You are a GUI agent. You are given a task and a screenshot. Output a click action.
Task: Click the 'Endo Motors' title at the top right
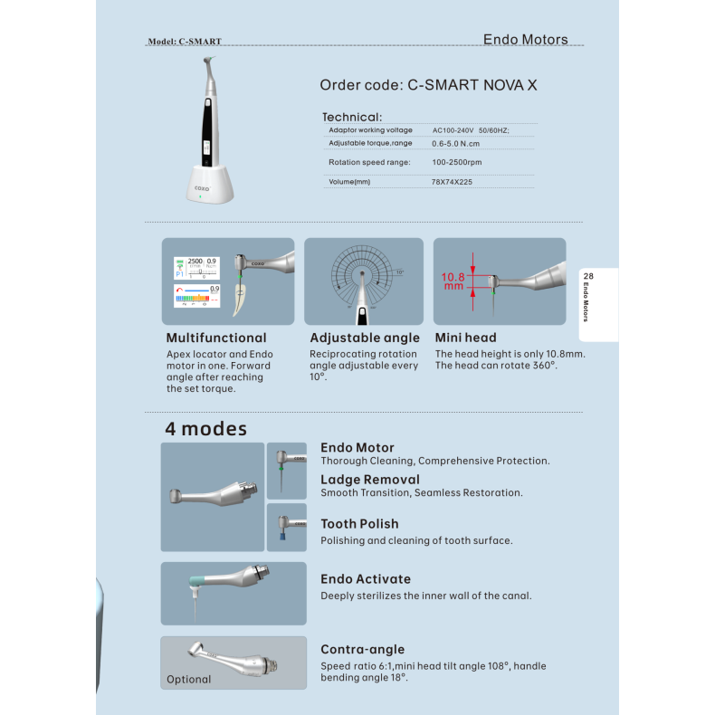525,40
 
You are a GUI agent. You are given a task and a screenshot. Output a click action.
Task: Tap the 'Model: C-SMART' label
185,42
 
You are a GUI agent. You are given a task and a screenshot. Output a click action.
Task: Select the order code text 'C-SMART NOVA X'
472,85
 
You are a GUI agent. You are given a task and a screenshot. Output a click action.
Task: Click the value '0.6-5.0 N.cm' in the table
455,144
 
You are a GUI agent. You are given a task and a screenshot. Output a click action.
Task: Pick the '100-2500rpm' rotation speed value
456,162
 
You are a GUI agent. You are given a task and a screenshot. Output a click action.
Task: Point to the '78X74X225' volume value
452,182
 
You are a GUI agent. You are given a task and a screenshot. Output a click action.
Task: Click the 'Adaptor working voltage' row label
370,130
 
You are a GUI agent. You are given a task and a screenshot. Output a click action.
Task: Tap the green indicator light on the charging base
200,197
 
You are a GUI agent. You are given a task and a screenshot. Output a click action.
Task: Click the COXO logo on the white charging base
202,188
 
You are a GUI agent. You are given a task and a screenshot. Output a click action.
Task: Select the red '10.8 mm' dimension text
453,281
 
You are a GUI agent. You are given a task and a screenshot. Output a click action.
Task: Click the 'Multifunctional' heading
216,338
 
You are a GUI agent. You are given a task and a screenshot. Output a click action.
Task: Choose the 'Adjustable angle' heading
365,338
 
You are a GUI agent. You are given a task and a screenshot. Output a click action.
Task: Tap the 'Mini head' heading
465,338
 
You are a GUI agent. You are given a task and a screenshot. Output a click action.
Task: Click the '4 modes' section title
206,429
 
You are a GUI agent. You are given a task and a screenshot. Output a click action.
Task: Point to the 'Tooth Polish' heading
359,524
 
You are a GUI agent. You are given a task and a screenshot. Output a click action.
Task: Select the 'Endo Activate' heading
366,579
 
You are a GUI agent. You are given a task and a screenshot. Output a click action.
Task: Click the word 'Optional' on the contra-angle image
189,680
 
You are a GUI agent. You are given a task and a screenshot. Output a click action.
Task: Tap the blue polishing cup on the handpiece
282,535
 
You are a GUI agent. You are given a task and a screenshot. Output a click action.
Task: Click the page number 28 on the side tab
588,276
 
